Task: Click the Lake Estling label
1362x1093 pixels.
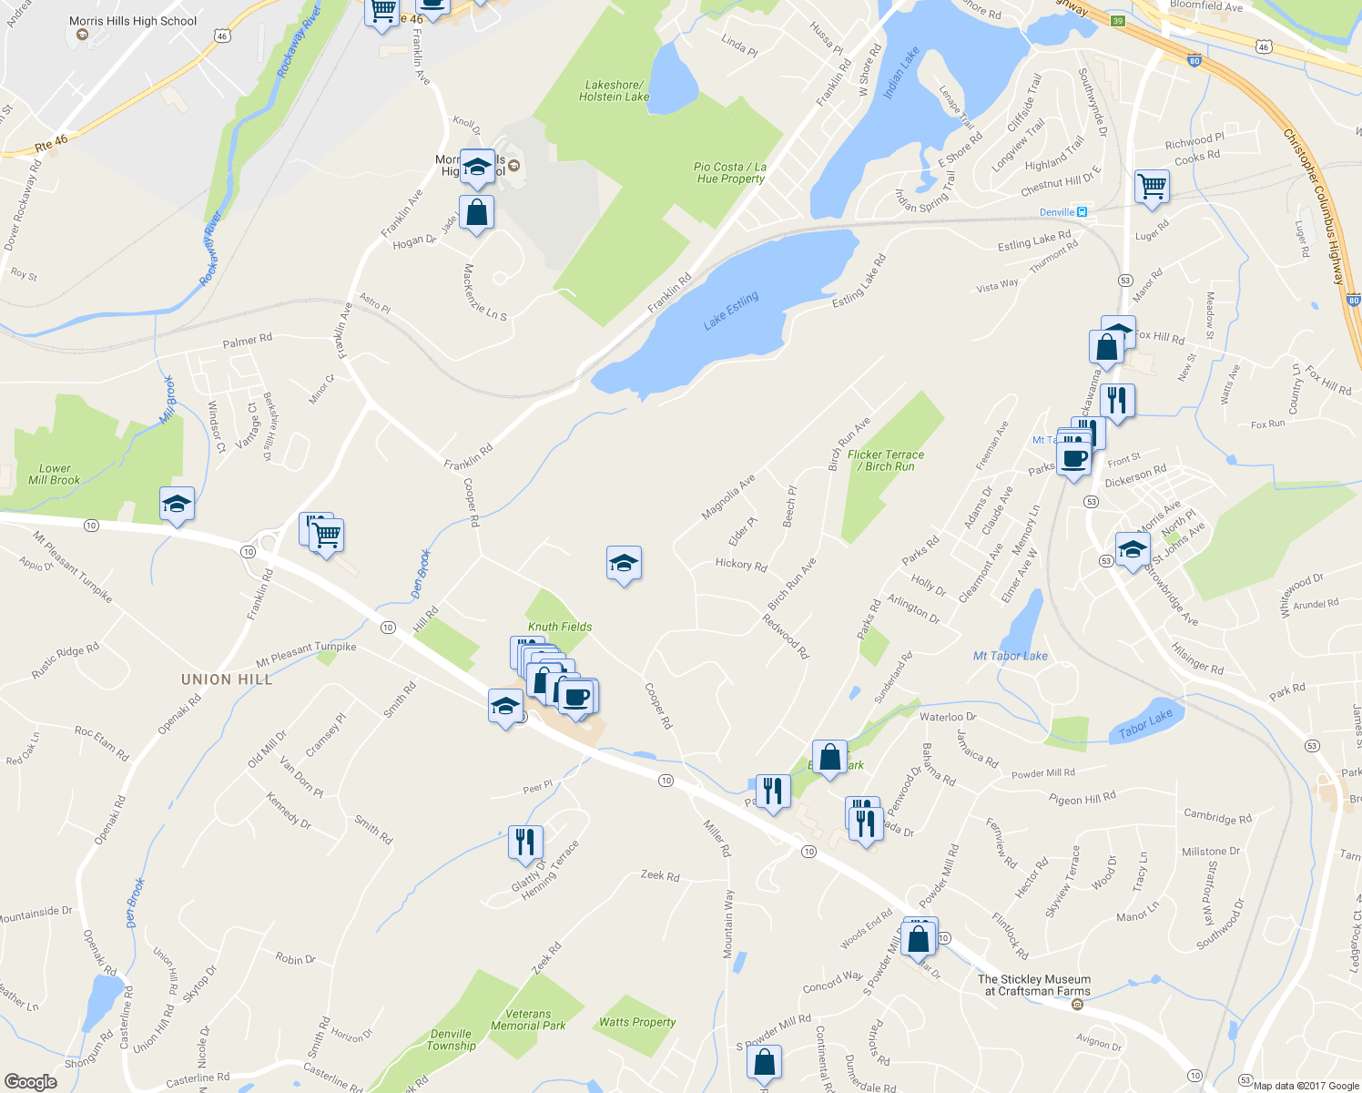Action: click(730, 312)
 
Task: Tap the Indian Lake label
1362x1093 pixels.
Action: click(901, 74)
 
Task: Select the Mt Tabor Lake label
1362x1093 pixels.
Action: click(1010, 656)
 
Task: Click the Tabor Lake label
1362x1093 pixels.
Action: click(1145, 725)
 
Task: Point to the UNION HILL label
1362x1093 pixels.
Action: click(227, 679)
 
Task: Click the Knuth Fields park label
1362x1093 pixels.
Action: click(560, 627)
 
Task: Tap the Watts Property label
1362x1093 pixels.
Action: click(637, 1022)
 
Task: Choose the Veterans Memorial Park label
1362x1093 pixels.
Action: click(528, 1019)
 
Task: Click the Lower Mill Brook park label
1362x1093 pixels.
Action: click(55, 474)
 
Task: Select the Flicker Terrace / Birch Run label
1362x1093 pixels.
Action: click(886, 460)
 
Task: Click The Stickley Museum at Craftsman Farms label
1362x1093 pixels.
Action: click(1034, 986)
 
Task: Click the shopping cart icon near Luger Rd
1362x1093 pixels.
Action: click(1152, 186)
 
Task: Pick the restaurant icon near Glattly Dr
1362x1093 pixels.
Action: click(524, 843)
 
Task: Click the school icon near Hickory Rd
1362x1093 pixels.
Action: click(624, 564)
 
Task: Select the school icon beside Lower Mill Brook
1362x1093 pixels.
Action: click(177, 504)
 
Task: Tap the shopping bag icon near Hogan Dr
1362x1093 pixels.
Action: click(476, 213)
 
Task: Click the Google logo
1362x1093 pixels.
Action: click(31, 1082)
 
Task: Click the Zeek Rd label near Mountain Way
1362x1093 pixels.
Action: click(660, 876)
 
